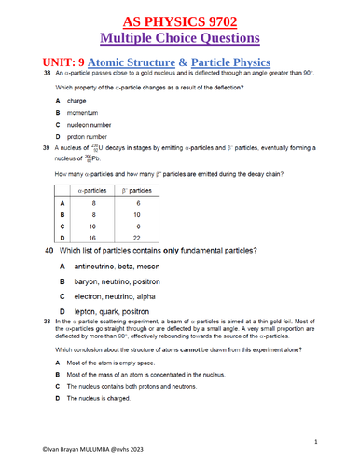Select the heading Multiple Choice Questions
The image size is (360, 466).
pyautogui.click(x=179, y=38)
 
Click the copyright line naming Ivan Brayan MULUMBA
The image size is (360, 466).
pyautogui.click(x=65, y=458)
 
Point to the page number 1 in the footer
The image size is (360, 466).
pyautogui.click(x=318, y=441)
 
